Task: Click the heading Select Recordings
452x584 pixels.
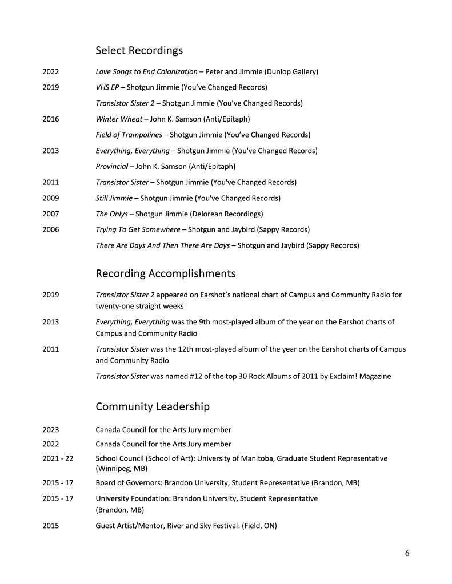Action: [x=139, y=51]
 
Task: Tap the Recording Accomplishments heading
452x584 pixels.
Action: [x=165, y=273]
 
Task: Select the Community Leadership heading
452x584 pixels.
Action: [x=152, y=407]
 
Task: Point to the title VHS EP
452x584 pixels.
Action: [x=107, y=88]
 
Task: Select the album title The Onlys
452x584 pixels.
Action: [x=111, y=214]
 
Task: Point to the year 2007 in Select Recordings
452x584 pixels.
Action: [x=51, y=214]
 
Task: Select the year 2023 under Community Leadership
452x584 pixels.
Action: [x=51, y=429]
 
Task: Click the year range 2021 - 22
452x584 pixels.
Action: [x=58, y=458]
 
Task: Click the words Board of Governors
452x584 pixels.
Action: [x=127, y=483]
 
